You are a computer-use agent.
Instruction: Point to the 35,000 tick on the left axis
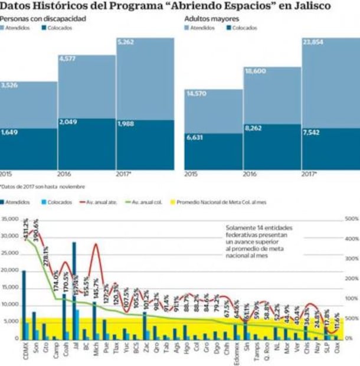[x=10, y=219]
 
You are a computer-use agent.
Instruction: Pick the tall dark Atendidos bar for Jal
[x=74, y=289]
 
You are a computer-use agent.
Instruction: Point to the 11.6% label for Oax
[x=337, y=324]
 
